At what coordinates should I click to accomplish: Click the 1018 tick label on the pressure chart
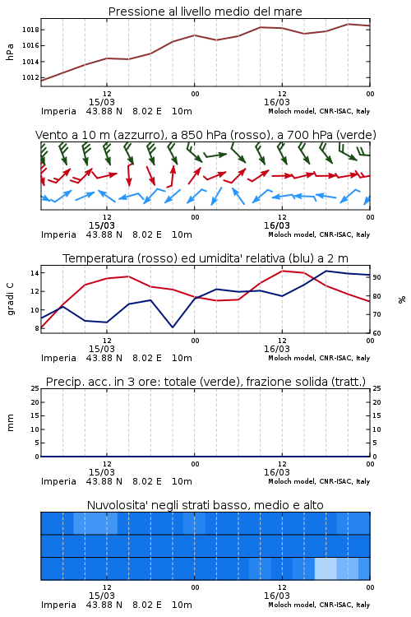click(30, 30)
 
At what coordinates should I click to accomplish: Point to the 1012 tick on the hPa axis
click(30, 77)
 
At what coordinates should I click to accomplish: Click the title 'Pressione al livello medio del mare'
click(205, 12)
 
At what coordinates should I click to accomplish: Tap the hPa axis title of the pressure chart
click(10, 52)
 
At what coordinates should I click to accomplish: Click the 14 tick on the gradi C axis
click(34, 272)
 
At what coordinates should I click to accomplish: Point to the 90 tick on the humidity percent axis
click(376, 277)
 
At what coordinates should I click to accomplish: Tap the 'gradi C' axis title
click(11, 299)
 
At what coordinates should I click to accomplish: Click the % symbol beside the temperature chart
click(402, 299)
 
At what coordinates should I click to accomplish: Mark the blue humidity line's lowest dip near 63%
click(173, 327)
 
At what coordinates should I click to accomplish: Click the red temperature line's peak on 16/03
click(283, 271)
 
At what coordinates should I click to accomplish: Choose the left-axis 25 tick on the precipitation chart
click(35, 388)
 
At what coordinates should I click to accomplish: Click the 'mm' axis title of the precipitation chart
click(10, 423)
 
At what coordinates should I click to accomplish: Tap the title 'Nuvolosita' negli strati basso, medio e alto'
click(205, 505)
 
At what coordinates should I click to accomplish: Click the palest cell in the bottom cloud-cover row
click(326, 568)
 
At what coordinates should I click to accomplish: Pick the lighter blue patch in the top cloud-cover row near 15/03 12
click(95, 523)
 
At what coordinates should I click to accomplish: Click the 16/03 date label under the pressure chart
click(277, 102)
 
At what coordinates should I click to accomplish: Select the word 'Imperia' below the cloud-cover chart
click(58, 605)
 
